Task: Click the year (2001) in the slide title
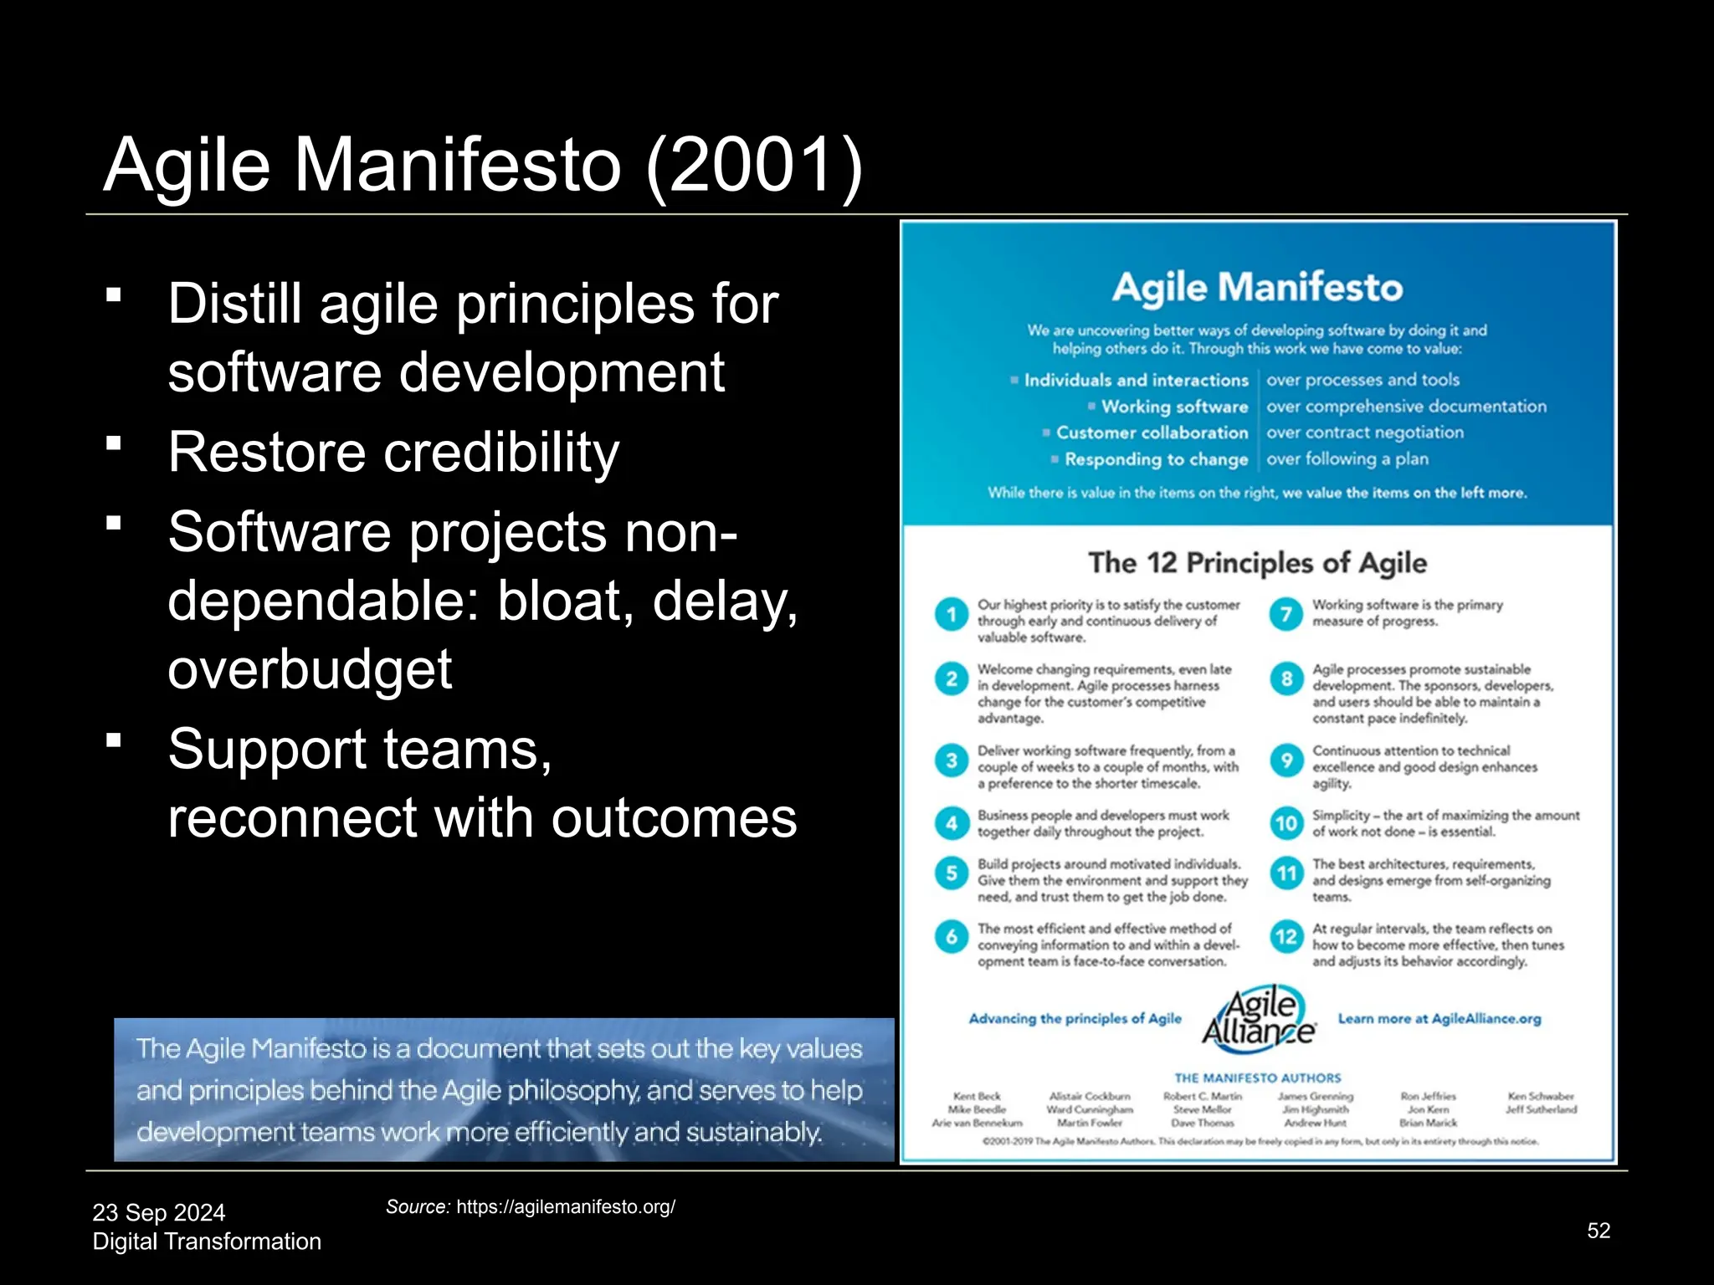pos(754,165)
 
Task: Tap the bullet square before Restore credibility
pos(115,443)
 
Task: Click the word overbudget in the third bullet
pos(310,669)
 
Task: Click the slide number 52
pos(1599,1231)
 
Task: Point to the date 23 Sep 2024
pos(159,1212)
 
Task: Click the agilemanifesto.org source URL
pos(566,1207)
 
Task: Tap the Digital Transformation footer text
pos(207,1241)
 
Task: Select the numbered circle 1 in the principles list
pos(952,615)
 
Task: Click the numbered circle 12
pos(1286,937)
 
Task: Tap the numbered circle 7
pos(1286,615)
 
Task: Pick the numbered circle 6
pos(952,937)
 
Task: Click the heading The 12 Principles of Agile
pos(1257,563)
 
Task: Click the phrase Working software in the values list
pos(1174,407)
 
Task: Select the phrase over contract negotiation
pos(1365,433)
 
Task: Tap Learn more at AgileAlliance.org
pos(1439,1019)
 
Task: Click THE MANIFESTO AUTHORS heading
pos(1257,1078)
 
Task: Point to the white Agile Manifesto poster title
pos(1257,288)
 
